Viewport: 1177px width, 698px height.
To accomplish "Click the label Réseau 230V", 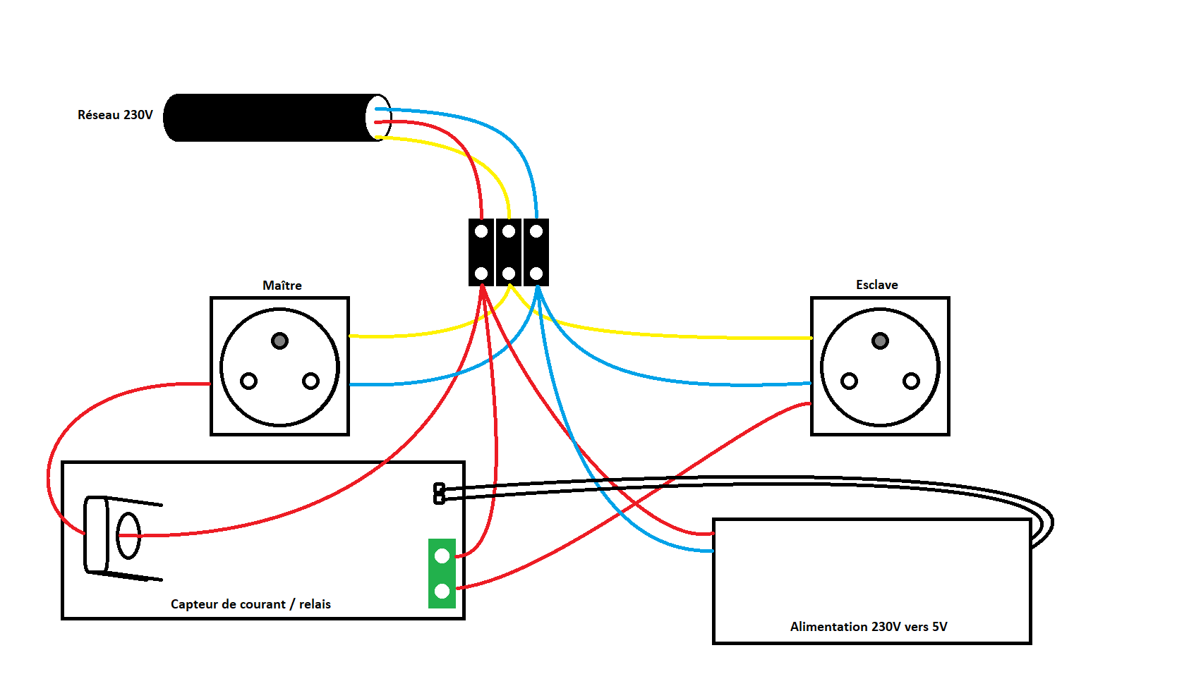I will (x=115, y=115).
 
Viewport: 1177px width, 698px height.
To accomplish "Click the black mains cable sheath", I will (x=268, y=118).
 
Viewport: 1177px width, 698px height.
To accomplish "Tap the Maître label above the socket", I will (x=282, y=286).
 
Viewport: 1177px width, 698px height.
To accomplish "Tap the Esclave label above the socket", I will (x=877, y=285).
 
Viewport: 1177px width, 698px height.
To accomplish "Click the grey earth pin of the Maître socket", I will (x=280, y=341).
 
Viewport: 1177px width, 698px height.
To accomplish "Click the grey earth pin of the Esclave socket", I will (x=880, y=341).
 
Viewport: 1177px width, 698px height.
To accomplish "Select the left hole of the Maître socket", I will (x=248, y=381).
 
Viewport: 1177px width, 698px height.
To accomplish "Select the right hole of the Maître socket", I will (x=310, y=381).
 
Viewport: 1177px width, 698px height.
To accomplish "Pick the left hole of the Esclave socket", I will (x=849, y=381).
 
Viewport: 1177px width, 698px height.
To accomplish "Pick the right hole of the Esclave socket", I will (x=911, y=381).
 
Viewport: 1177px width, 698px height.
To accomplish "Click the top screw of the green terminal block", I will (x=442, y=556).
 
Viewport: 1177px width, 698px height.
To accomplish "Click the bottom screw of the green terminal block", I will (x=442, y=591).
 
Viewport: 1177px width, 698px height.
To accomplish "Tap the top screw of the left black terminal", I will (x=481, y=231).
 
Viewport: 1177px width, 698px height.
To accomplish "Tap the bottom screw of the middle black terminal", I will (x=509, y=274).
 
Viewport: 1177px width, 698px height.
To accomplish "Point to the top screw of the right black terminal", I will (x=536, y=231).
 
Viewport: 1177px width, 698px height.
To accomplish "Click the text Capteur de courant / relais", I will (x=251, y=604).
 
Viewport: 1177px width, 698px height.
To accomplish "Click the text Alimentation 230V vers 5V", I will (x=869, y=627).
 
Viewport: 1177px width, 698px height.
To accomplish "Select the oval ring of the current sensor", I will (x=128, y=537).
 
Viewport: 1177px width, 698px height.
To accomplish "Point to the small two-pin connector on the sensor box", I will (x=439, y=494).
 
